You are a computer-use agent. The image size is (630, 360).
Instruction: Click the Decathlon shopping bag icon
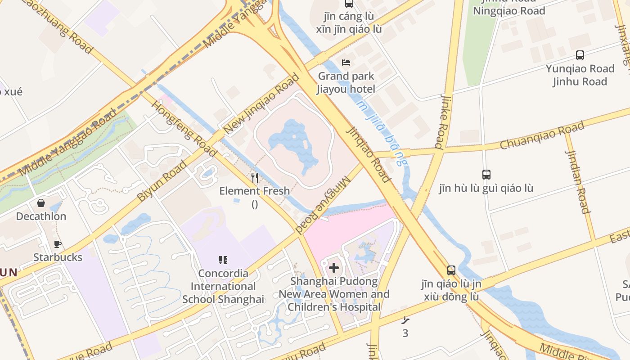41,203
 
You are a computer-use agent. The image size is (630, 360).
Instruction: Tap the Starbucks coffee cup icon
58,244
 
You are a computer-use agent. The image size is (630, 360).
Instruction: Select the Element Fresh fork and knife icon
255,178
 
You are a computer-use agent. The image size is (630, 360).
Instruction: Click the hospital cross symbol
334,268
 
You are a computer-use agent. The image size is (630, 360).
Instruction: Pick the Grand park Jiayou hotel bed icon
346,62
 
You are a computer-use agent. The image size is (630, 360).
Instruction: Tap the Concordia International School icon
223,260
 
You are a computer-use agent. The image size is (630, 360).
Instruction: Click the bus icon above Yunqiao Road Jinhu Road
580,55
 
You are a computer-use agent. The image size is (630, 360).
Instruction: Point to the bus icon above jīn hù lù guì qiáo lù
486,175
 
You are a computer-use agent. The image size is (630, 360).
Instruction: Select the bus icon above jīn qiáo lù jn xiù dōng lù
451,270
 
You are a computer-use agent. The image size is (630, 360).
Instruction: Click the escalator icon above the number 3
405,320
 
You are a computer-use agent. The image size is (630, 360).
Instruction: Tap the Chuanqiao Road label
542,135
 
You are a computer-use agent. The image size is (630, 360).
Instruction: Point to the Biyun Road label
162,181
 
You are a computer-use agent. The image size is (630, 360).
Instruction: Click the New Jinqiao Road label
261,104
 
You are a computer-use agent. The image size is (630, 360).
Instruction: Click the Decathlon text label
41,216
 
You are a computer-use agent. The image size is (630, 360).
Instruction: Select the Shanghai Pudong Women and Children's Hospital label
334,294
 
